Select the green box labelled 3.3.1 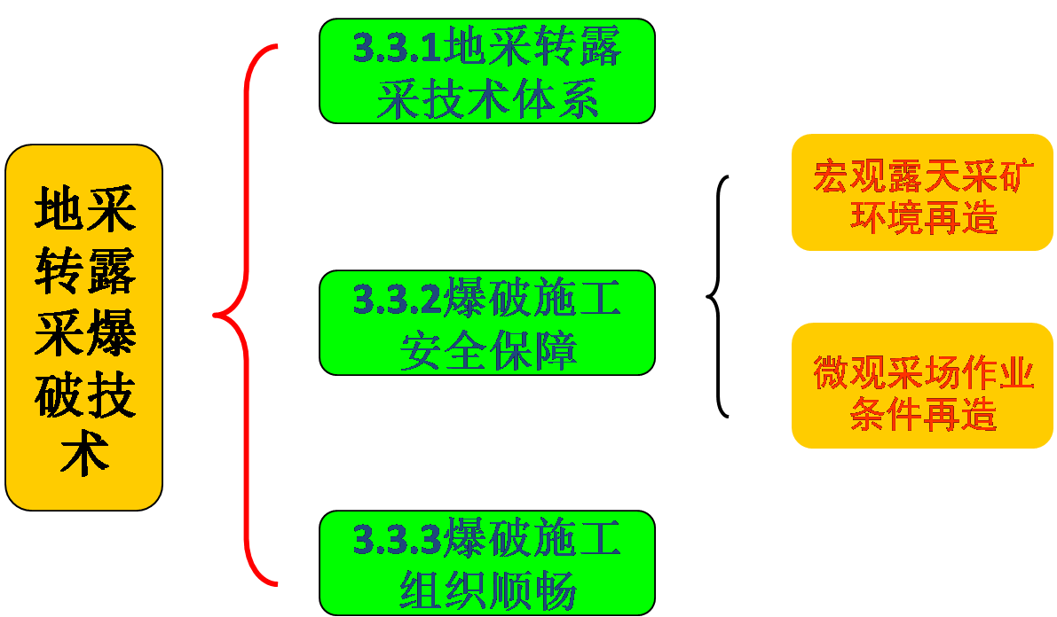(x=487, y=71)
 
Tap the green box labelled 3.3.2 (x=487, y=323)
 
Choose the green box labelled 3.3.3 (x=487, y=563)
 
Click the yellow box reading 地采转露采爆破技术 (x=84, y=328)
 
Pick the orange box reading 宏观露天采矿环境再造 (x=922, y=193)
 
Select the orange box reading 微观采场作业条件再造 (x=922, y=386)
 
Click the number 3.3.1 (x=397, y=48)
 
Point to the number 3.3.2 (x=397, y=300)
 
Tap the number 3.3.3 (x=397, y=540)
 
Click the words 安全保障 (x=487, y=351)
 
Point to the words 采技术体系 (x=487, y=100)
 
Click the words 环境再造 (x=923, y=218)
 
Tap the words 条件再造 (x=923, y=414)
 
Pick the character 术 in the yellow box (x=84, y=455)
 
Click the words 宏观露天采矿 (x=922, y=177)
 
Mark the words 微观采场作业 (x=923, y=373)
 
